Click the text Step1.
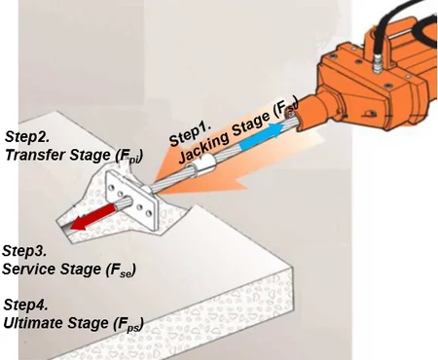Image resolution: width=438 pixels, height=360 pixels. pos(191,135)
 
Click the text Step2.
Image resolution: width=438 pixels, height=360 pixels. pos(28,135)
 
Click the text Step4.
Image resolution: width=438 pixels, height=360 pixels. pos(28,306)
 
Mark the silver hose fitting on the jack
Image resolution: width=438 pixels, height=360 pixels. pos(374,68)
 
